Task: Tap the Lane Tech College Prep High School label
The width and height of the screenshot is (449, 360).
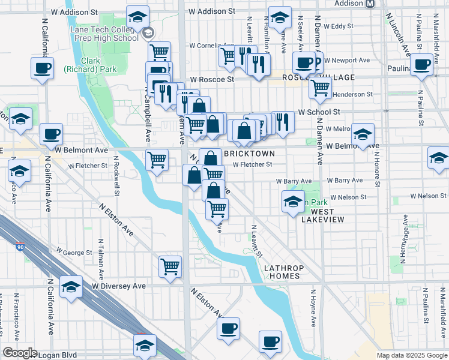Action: (x=104, y=34)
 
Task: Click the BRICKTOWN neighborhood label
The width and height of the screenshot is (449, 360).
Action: (x=249, y=154)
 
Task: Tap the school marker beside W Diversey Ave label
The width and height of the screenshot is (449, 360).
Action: (x=71, y=287)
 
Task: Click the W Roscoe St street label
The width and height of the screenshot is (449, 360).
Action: (x=211, y=79)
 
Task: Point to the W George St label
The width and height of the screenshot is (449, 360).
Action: (x=74, y=253)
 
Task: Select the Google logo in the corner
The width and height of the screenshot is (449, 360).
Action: (x=19, y=353)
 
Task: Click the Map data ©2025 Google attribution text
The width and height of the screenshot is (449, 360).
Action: (x=412, y=355)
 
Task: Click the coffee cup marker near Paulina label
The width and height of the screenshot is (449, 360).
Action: (x=422, y=64)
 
